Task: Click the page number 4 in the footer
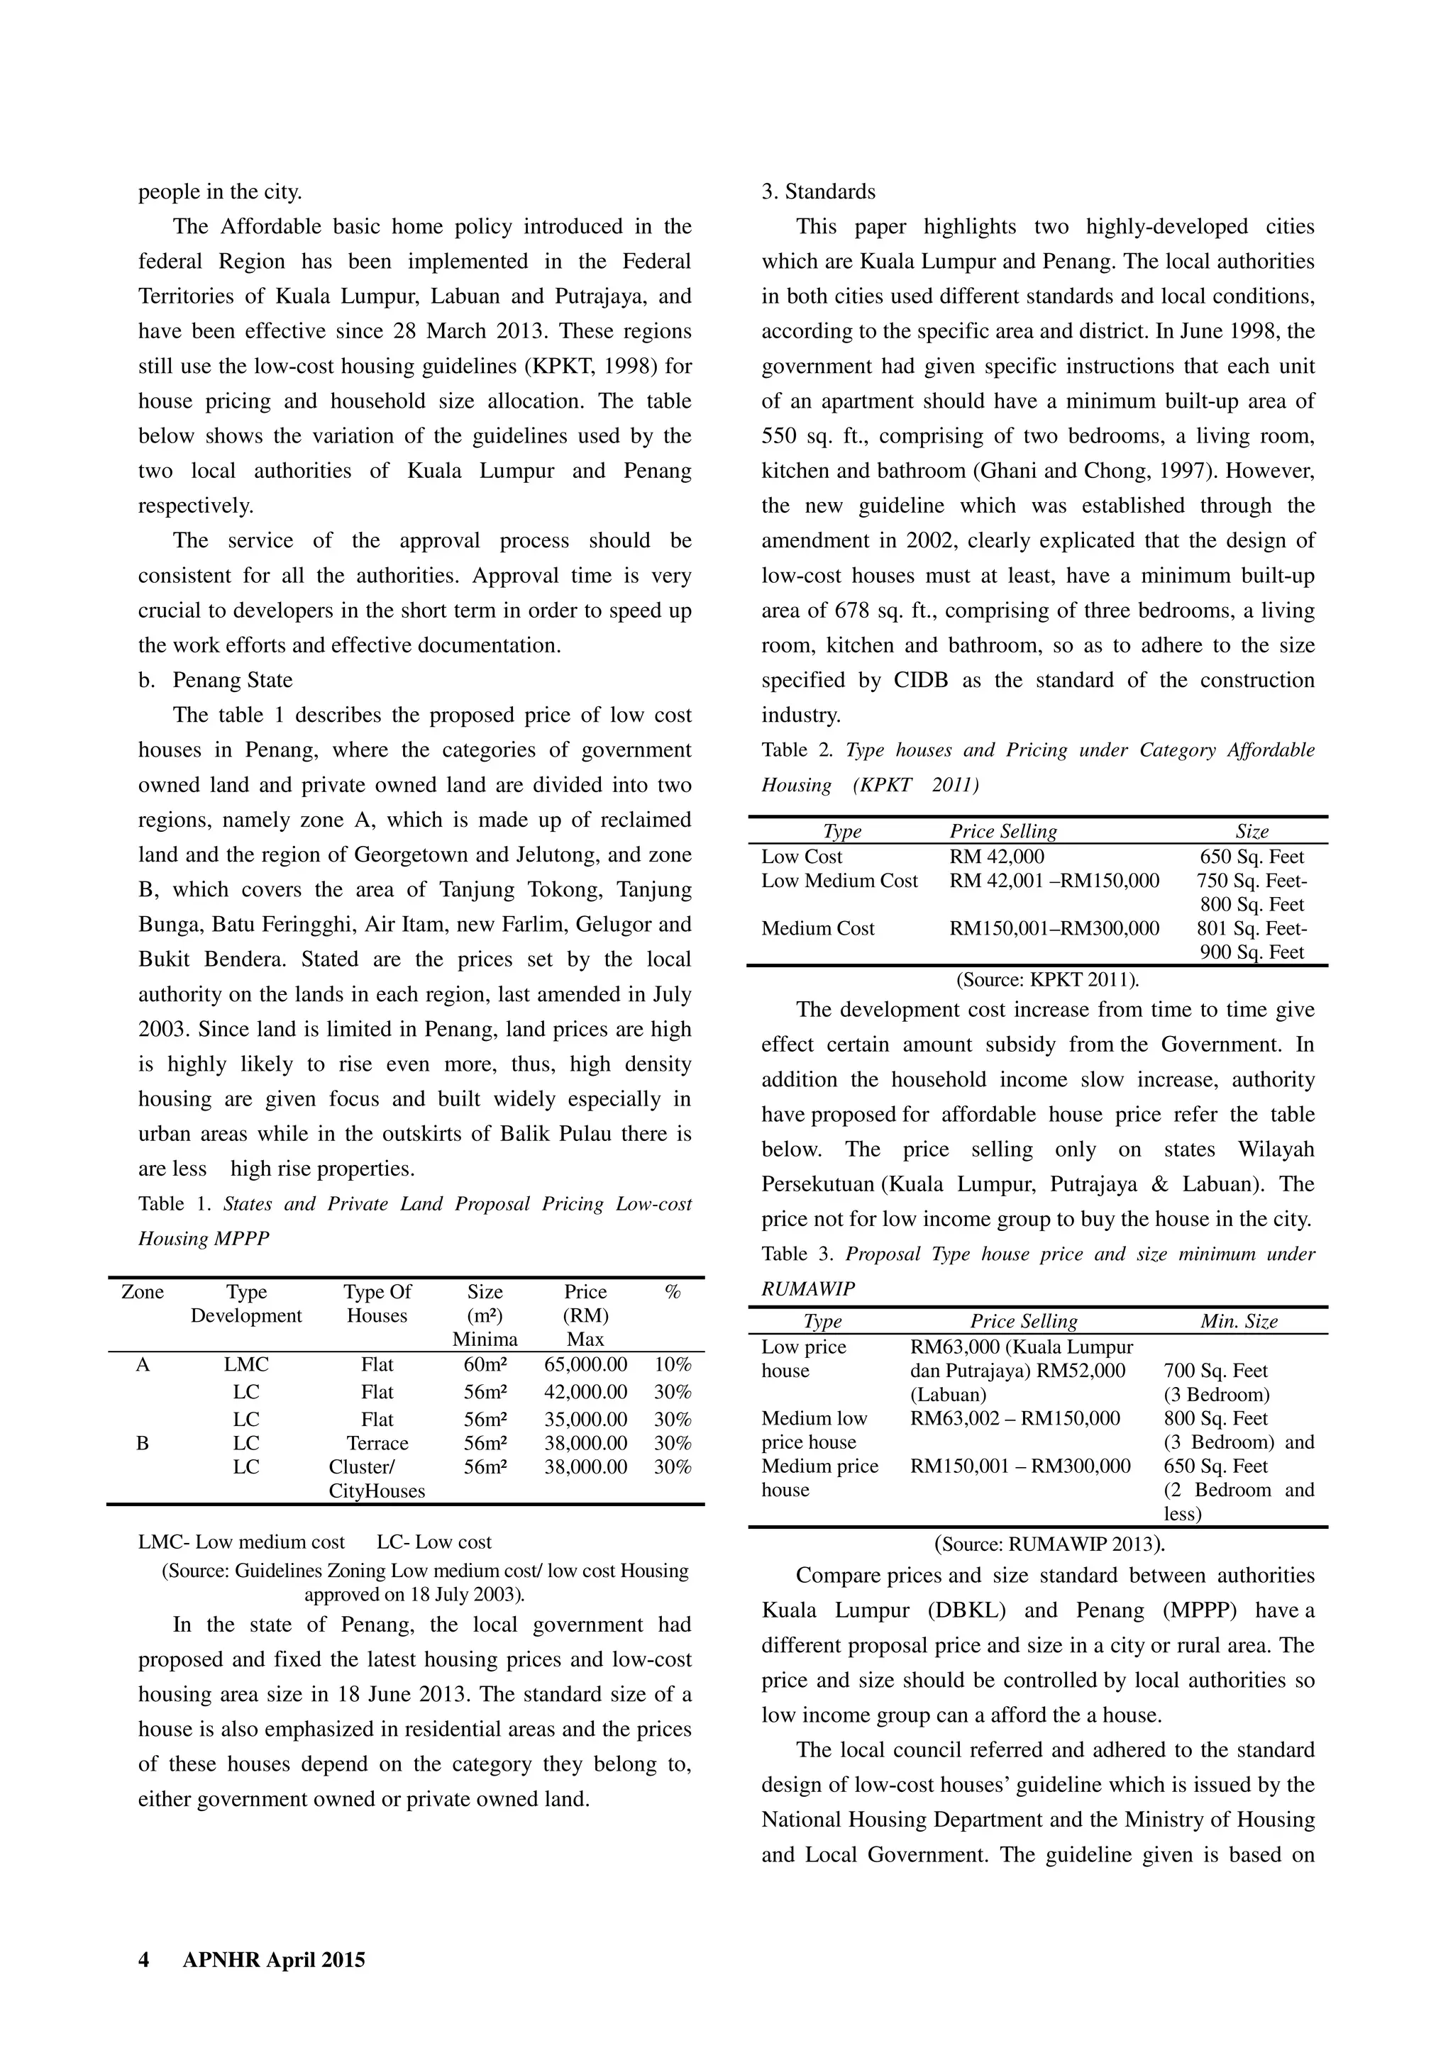[143, 1959]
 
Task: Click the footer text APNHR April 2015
[273, 1959]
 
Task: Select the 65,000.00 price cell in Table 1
[585, 1364]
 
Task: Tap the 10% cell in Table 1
[673, 1364]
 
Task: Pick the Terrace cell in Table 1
[377, 1443]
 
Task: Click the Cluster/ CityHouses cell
[377, 1478]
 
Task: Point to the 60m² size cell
[485, 1364]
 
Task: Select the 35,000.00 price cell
[585, 1419]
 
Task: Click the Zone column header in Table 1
[143, 1291]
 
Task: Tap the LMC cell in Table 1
[246, 1364]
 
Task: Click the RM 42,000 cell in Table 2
[996, 857]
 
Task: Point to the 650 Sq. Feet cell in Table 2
[1252, 857]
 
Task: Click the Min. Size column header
[1238, 1321]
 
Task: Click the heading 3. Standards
[818, 191]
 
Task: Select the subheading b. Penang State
[215, 680]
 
